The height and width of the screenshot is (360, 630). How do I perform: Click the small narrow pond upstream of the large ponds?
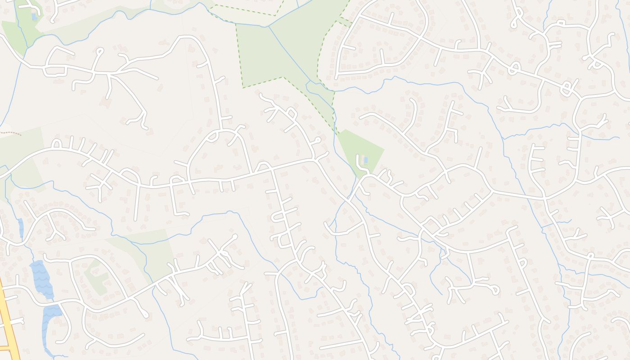[x=21, y=227]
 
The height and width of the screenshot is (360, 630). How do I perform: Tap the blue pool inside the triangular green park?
[x=365, y=160]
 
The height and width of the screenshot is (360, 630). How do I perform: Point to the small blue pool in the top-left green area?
[x=34, y=17]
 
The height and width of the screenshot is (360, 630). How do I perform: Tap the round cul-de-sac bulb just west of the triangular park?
[x=318, y=140]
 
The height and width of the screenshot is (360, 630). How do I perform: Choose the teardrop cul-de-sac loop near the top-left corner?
[x=99, y=52]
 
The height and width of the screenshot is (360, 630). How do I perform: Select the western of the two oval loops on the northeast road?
[x=514, y=68]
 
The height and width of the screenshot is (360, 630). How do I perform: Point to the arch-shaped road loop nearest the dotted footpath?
[x=57, y=144]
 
